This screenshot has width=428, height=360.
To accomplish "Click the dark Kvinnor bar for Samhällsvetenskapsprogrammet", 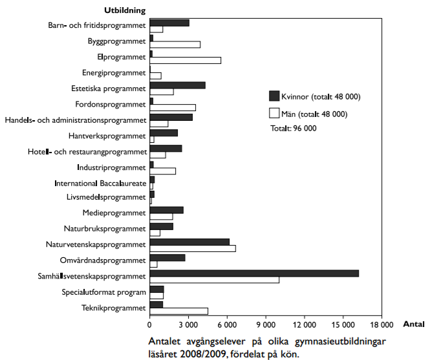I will tap(254, 273).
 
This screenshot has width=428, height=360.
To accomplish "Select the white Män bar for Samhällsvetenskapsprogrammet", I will tap(214, 280).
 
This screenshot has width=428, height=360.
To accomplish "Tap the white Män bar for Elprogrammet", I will tap(185, 60).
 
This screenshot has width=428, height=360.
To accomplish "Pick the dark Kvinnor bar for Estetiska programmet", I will tap(177, 85).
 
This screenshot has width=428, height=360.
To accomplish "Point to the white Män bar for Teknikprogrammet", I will tap(178, 311).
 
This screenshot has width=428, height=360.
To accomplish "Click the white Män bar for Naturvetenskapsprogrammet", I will tap(193, 248).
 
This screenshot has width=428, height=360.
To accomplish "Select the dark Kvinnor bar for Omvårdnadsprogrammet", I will tap(167, 257).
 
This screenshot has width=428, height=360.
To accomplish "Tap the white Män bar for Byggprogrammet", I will tap(175, 45).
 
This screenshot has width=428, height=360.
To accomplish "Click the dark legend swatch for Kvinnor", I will tap(273, 97).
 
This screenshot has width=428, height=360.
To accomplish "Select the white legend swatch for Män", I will tap(273, 114).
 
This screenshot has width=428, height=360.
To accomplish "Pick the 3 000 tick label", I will tap(188, 325).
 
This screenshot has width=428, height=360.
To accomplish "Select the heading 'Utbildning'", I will tap(124, 10).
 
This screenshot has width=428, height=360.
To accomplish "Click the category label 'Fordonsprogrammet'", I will tap(111, 105).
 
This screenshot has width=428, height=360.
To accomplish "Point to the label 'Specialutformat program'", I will tap(104, 292).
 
